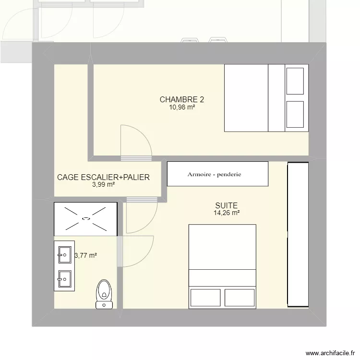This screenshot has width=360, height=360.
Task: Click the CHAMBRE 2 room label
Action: (x=182, y=100)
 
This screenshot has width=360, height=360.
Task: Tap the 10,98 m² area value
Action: (x=182, y=108)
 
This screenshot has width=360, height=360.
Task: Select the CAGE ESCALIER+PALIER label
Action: (x=103, y=177)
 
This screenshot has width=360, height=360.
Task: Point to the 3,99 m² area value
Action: (x=103, y=184)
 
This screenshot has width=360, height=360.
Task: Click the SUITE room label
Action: (x=227, y=205)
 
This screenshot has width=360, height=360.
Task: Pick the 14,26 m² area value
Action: (x=227, y=213)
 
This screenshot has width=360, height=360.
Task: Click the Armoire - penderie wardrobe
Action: (x=217, y=174)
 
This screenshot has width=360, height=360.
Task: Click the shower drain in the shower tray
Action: (x=86, y=219)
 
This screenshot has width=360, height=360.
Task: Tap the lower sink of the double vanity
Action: (x=64, y=277)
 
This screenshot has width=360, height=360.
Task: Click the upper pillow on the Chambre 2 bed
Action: (x=295, y=81)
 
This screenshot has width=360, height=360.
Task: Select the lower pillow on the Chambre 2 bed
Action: (x=295, y=115)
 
